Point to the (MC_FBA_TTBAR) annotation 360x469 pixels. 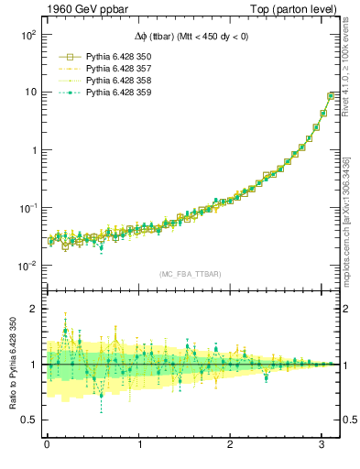click(x=190, y=273)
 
